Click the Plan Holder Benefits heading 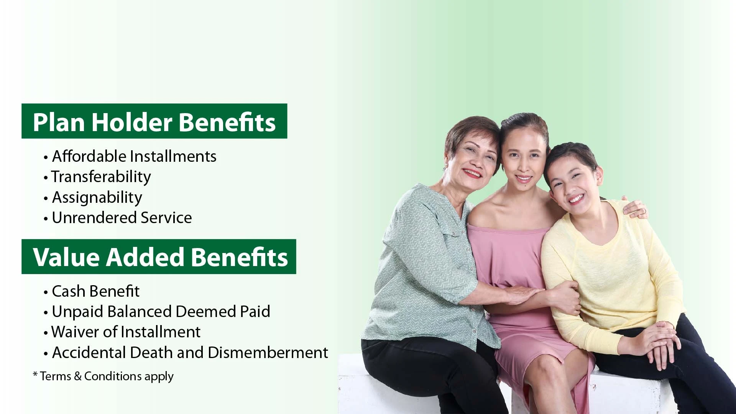pos(154,122)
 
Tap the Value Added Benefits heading pos(160,257)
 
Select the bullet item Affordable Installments pos(134,156)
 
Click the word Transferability pos(101,177)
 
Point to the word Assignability pos(97,197)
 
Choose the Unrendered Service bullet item pos(122,218)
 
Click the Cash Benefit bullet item pos(95,291)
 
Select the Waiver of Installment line pos(126,332)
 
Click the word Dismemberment pos(268,353)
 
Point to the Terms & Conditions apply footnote pos(107,376)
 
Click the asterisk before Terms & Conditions pos(35,375)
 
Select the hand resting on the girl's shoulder pos(634,209)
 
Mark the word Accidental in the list pos(89,353)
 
